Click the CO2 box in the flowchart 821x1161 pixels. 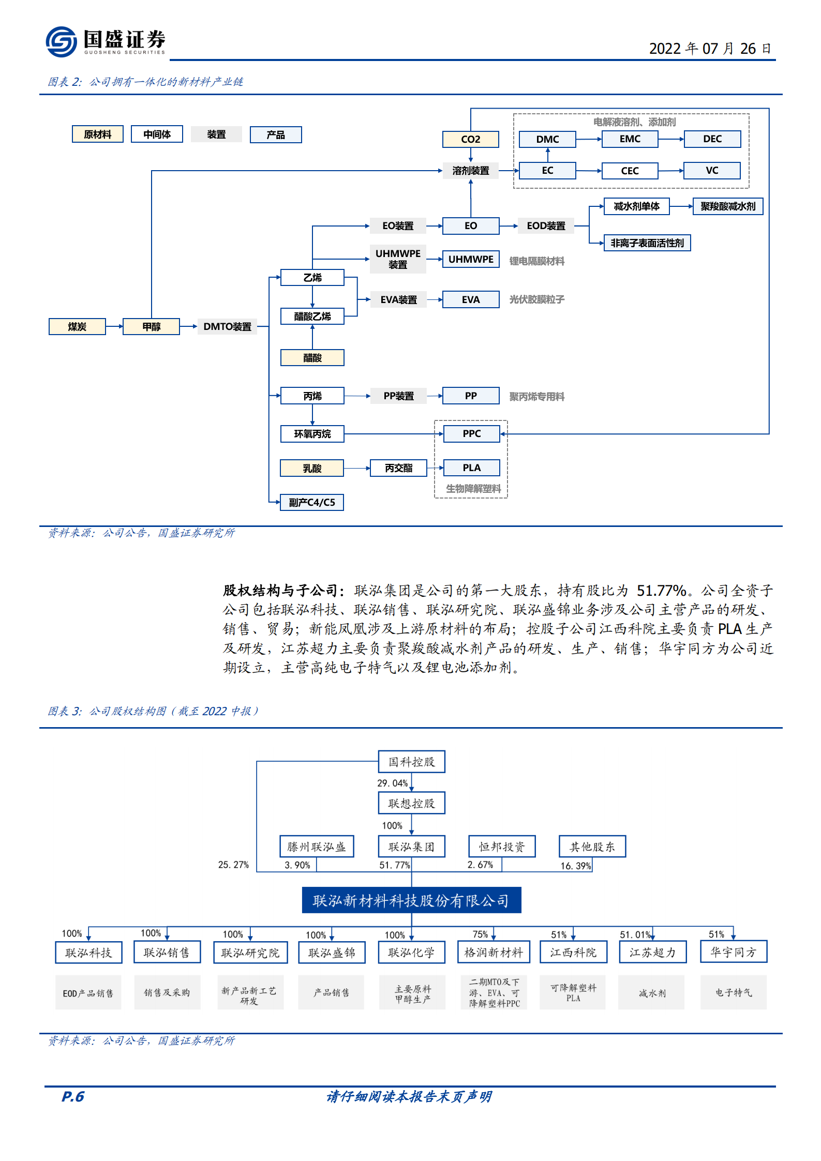(470, 139)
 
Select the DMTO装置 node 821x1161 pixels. (227, 327)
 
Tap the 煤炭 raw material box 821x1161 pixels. (77, 327)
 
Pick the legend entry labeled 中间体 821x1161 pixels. (157, 134)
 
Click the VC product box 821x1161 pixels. (711, 171)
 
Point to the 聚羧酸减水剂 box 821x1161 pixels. (727, 206)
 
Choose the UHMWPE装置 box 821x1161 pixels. (398, 259)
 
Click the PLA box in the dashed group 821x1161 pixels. (471, 468)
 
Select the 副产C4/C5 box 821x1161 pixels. (311, 503)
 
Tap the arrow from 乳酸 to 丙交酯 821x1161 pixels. (357, 469)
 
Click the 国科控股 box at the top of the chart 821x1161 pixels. (411, 762)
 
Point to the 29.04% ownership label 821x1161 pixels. (392, 783)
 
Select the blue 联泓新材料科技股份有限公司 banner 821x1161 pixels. (411, 901)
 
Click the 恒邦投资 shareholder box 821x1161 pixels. (501, 847)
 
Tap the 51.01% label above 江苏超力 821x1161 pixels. (635, 935)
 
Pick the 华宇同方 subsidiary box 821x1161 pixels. (733, 952)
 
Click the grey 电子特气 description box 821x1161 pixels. (733, 992)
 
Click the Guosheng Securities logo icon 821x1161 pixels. (61, 41)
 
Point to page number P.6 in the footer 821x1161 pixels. (72, 1096)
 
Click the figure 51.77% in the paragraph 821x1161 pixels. (661, 591)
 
